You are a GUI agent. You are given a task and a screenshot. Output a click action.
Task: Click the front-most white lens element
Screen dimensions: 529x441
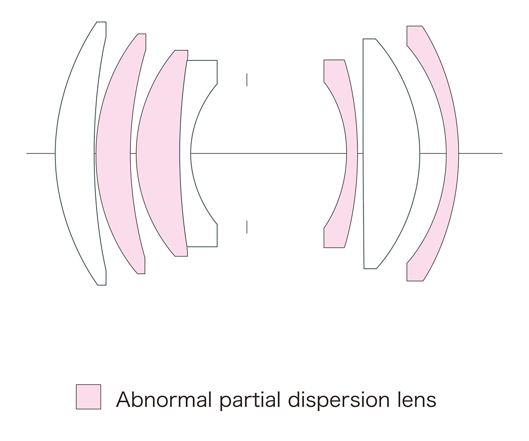(75, 153)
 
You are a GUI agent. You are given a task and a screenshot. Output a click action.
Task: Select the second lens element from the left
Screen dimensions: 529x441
(113, 153)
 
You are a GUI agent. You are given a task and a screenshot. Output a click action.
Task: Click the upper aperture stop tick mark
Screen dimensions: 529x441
(247, 80)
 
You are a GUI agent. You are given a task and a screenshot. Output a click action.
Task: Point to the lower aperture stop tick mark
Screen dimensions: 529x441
(247, 227)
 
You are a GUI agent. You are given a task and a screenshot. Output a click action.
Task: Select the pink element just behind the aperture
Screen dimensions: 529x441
(352, 153)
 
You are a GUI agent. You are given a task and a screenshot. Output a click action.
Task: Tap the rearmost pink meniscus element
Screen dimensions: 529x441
(452, 153)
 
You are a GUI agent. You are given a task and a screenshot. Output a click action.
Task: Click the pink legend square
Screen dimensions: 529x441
(89, 396)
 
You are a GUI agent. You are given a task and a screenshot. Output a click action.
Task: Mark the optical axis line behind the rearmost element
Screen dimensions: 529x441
(481, 153)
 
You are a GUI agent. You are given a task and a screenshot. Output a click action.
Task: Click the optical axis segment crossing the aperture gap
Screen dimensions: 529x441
(269, 153)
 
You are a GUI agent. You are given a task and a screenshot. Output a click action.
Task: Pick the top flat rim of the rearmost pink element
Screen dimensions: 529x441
(414, 26)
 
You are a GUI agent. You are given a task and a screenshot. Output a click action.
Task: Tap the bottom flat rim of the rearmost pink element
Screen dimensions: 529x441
(415, 280)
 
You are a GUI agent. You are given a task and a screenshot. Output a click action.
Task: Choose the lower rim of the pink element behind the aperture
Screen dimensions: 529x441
(334, 247)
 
